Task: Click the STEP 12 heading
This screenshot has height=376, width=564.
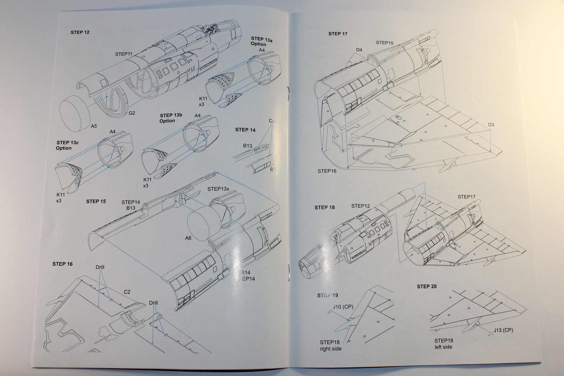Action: tap(80, 32)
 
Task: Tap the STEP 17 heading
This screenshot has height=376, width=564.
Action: tap(338, 34)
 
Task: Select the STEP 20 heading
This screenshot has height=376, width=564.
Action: tap(427, 286)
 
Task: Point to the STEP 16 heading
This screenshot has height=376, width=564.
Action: tap(62, 264)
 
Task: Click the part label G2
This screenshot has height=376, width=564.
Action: tap(131, 113)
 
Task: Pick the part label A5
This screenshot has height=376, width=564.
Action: tap(94, 126)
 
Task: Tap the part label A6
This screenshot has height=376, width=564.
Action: tap(188, 238)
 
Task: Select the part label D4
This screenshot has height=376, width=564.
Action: tap(359, 50)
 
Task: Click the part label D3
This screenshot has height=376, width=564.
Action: tap(491, 125)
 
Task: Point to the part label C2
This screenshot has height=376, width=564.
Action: tap(127, 292)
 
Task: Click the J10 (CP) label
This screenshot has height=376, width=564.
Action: tap(343, 307)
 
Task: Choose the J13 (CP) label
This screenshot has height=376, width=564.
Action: tap(503, 330)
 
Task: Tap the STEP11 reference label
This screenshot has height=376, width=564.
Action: tap(123, 54)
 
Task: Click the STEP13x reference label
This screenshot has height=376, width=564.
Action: tap(218, 189)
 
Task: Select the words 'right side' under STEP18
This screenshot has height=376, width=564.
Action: tap(331, 349)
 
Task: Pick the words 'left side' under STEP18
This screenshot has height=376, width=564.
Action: tap(443, 347)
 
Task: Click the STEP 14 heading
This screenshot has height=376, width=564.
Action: tap(245, 130)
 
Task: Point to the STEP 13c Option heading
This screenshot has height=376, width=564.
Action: tap(67, 145)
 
